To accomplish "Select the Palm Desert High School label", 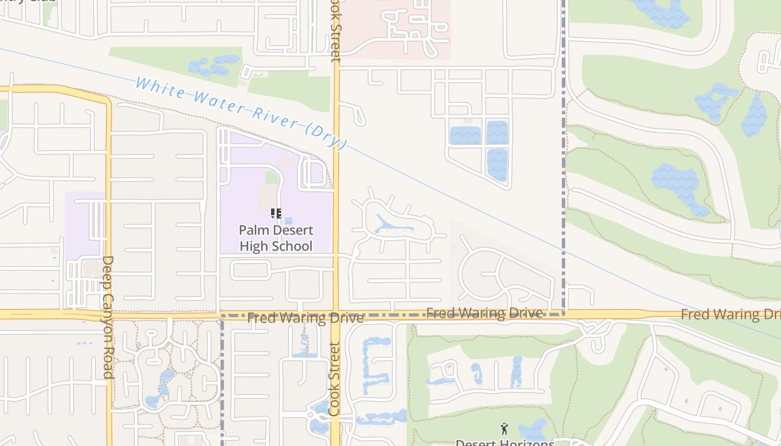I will coord(276,238).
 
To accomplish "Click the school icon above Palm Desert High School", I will coord(276,214).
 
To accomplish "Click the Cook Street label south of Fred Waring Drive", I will coord(335,379).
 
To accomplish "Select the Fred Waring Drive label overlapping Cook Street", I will coord(305,318).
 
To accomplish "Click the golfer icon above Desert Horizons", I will coord(504,429).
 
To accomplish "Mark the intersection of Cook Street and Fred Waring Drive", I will coord(336,314).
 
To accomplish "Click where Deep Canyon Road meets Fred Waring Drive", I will coord(108,314).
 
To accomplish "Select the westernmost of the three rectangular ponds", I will coord(465,135).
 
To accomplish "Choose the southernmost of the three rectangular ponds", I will coord(497,164).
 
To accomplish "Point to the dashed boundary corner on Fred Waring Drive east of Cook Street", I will coord(563,314).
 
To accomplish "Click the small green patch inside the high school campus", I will coord(272,178).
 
